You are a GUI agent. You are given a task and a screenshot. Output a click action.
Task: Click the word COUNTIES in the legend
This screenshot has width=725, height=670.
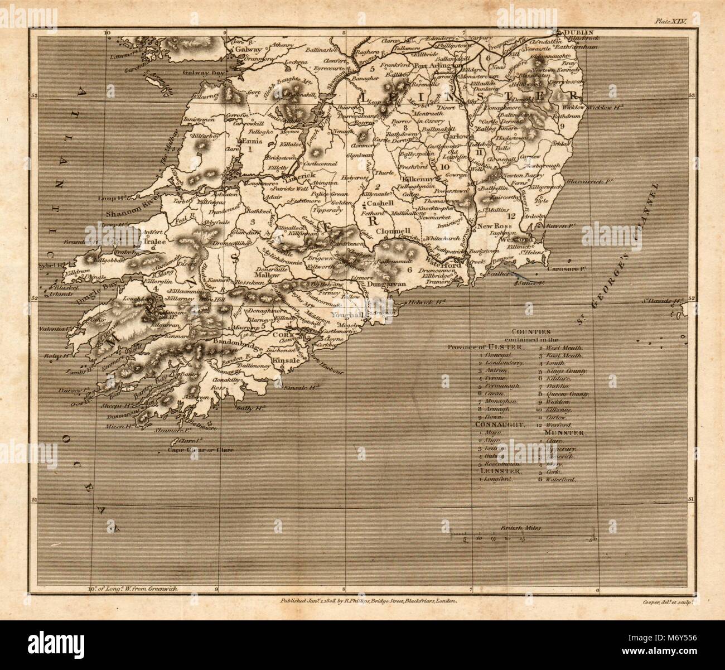click(x=524, y=331)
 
